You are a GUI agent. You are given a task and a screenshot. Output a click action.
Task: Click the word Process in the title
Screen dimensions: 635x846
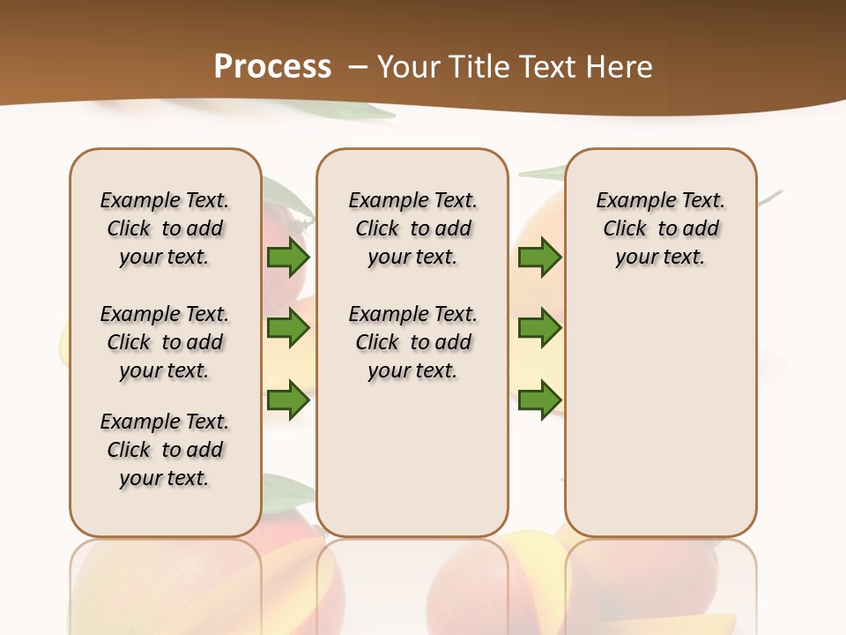pos(272,67)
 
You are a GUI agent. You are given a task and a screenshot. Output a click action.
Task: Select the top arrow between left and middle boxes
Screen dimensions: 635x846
pos(288,258)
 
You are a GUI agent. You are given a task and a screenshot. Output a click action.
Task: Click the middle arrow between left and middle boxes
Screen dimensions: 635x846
pos(288,328)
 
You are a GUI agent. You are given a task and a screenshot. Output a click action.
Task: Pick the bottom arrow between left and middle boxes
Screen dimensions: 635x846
pos(288,400)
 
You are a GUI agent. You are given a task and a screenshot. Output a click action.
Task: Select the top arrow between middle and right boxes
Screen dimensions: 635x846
pos(539,258)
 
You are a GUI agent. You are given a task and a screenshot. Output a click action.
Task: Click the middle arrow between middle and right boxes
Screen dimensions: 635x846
pos(539,328)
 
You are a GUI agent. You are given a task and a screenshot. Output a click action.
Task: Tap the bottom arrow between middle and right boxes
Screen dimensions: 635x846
pos(539,400)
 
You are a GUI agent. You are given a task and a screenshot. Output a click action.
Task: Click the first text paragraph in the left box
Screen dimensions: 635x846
pos(165,228)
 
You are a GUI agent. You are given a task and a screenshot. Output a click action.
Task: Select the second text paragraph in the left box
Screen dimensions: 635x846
pos(165,342)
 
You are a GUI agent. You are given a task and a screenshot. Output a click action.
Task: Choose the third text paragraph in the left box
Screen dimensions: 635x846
pos(165,450)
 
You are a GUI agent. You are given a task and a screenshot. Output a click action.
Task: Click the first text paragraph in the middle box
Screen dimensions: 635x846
pos(412,228)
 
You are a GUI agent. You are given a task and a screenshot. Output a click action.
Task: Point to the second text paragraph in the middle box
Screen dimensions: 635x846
pos(412,342)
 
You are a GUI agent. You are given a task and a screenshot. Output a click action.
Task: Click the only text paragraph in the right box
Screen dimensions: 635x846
pos(660,228)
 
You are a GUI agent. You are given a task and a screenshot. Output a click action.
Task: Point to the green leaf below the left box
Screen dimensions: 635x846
pos(286,494)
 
